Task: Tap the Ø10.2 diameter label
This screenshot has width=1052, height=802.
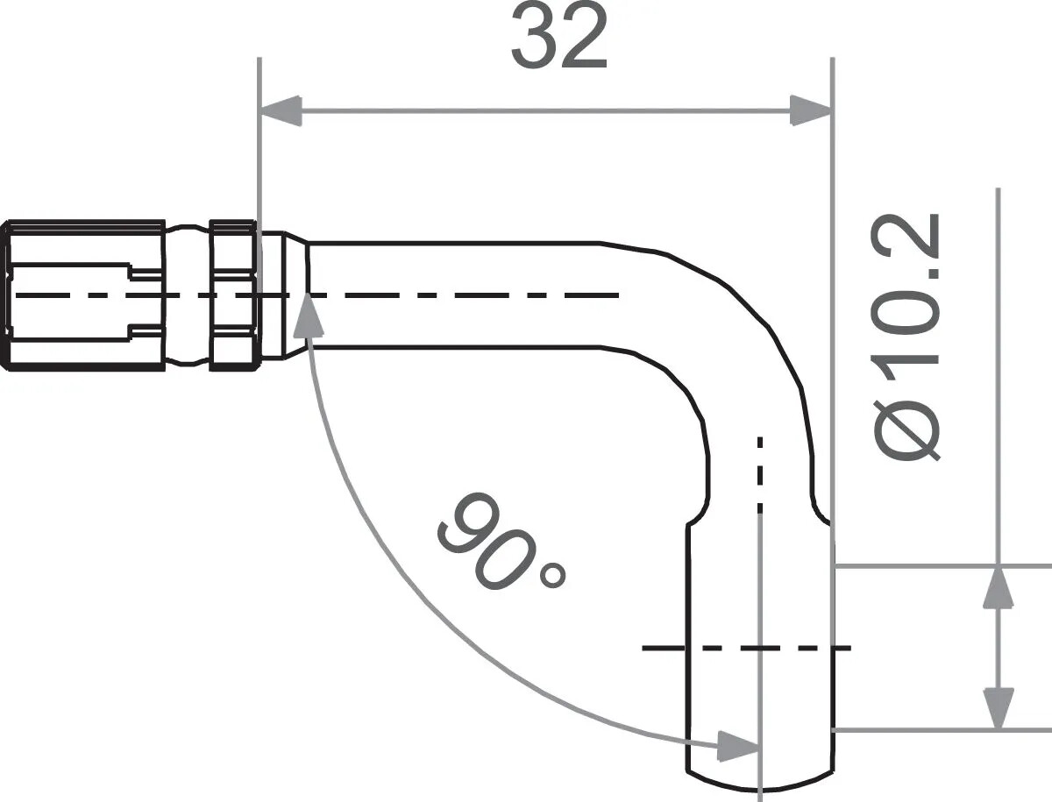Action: pos(909,336)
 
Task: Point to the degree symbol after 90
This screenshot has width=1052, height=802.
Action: pos(553,575)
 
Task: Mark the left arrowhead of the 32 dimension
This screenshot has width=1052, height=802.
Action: pos(281,111)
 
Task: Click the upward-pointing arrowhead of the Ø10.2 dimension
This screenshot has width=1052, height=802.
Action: pos(997,587)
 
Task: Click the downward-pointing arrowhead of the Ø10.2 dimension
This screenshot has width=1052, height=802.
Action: pos(997,707)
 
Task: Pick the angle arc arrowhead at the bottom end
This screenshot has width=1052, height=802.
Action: pos(736,747)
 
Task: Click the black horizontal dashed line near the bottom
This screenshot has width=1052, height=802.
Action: pos(745,649)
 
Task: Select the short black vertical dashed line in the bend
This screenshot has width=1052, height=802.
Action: pos(760,473)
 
